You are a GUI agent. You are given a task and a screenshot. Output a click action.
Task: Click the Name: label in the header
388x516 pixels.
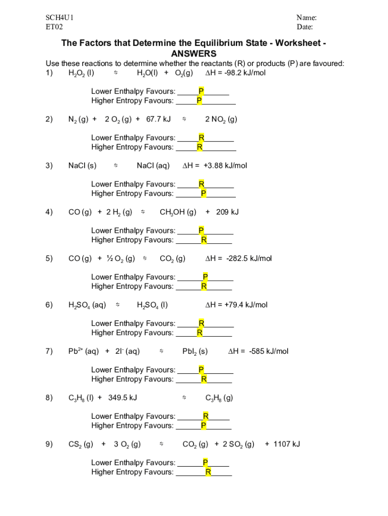pos(306,18)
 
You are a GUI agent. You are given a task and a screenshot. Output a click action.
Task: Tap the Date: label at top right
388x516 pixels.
pos(305,27)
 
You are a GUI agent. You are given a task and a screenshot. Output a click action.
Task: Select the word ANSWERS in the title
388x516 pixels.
pos(193,53)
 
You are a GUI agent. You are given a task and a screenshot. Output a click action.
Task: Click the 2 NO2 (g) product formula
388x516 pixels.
pos(221,119)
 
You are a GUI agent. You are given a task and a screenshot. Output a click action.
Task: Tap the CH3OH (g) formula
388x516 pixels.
pos(178,212)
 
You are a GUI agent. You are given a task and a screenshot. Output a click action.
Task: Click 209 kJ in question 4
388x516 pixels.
pos(227,212)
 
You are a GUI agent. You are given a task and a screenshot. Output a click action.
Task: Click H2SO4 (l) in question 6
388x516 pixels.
pos(152,305)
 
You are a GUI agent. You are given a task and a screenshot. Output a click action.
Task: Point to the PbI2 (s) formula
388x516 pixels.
pos(195,351)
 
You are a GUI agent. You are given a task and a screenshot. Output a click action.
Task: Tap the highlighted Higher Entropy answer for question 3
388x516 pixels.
pos(203,193)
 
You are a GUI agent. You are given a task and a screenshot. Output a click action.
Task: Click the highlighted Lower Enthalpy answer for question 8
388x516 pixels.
pos(206,416)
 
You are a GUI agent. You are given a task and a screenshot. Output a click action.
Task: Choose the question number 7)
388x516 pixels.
pos(49,351)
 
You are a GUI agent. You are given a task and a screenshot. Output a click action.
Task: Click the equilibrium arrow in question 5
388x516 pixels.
pos(145,259)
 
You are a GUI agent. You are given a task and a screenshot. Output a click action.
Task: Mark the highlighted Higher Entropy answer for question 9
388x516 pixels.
pos(208,472)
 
